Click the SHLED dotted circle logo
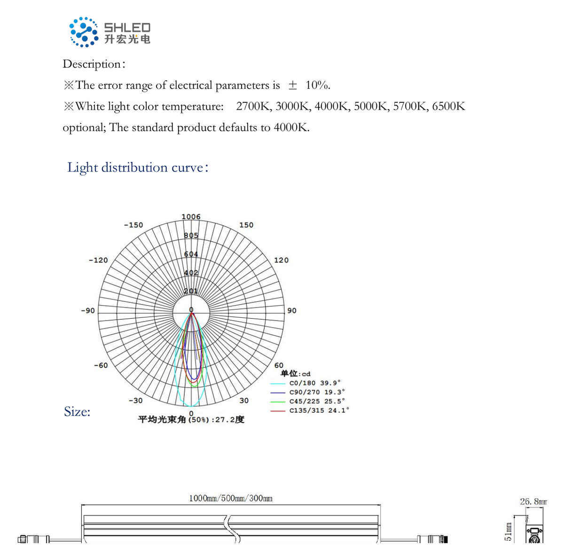tap(83, 32)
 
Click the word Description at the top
tap(92, 64)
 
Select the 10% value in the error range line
tap(318, 85)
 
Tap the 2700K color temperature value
tap(254, 106)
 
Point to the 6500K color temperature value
tap(448, 106)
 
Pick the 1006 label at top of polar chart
tap(191, 217)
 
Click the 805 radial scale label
tap(191, 235)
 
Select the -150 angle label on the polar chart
tap(133, 225)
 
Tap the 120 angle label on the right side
tap(281, 260)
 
